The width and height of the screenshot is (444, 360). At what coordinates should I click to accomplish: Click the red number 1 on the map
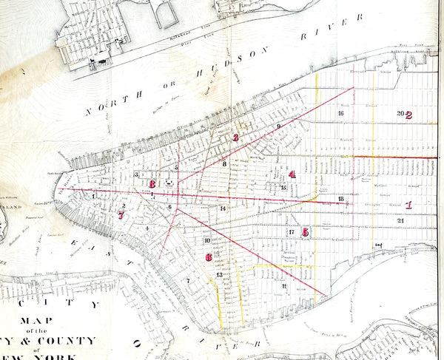[408, 206]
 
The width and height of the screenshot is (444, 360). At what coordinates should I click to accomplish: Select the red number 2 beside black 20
[408, 115]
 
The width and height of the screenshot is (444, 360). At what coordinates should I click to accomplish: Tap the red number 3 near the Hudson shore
[235, 137]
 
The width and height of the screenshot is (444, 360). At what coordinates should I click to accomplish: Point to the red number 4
[292, 174]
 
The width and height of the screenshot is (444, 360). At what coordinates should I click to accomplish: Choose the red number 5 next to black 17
[306, 231]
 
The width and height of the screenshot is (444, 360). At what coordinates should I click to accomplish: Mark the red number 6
[209, 257]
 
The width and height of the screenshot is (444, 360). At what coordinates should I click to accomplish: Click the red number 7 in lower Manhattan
[121, 216]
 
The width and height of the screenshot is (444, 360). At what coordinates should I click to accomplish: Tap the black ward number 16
[340, 114]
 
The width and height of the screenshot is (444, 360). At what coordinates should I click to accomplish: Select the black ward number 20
[400, 114]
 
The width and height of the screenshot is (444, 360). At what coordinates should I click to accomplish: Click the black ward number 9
[278, 127]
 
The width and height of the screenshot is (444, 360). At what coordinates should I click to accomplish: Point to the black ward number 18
[340, 200]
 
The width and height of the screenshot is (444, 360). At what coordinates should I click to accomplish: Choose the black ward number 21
[400, 220]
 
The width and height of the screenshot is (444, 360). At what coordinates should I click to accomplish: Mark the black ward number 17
[292, 232]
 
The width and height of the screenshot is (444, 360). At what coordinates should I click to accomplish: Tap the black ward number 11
[284, 285]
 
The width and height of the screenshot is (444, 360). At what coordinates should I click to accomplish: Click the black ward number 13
[219, 275]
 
